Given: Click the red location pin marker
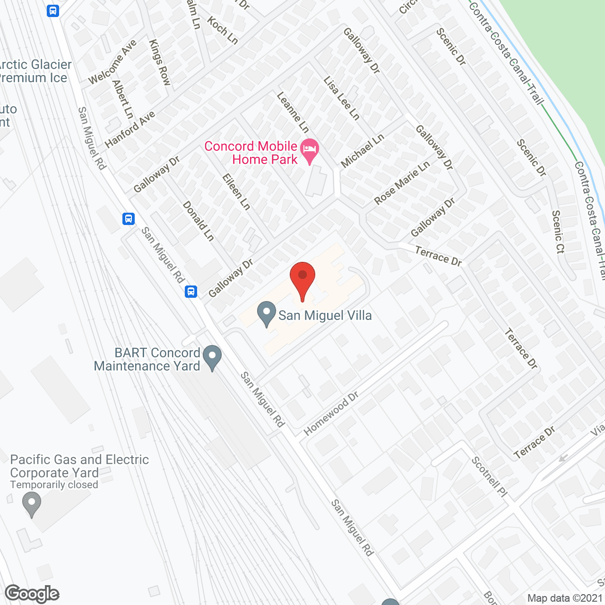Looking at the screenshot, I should tap(302, 279).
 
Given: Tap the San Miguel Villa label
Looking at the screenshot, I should tap(325, 315).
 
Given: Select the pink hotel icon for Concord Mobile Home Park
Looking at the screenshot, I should tap(310, 151).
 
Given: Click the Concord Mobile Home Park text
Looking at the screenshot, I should tap(251, 153).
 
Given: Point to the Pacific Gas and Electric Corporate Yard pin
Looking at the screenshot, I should tap(32, 504).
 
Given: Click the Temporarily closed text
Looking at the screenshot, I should tap(54, 485).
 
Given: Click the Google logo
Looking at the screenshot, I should tap(32, 594).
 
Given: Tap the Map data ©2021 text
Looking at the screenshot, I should tap(565, 598).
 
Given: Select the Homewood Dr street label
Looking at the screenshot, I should tap(331, 413).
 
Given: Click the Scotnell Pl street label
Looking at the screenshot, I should tap(489, 477).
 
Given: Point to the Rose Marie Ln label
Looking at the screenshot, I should tap(402, 182).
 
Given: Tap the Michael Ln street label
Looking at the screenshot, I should tap(362, 151).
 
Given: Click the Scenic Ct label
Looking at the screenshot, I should tap(558, 232).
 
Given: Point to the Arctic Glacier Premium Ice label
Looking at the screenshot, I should tap(34, 71).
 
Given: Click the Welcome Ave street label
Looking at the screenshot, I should tap(112, 62).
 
